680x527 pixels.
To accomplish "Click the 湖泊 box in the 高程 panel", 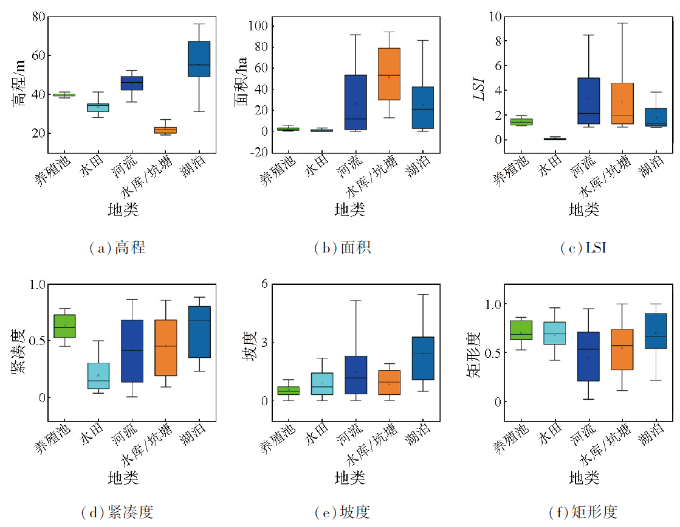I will pos(199,59).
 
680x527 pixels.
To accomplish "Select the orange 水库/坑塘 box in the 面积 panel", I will pos(389,74).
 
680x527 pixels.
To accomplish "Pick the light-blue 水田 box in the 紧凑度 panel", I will pos(98,375).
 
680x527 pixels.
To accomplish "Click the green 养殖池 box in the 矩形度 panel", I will pos(521,330).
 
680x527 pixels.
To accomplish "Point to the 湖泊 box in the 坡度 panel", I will pos(422,358).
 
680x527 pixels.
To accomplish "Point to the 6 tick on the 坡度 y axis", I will pos(265,284).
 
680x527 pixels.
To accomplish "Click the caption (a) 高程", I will pos(117,248).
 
